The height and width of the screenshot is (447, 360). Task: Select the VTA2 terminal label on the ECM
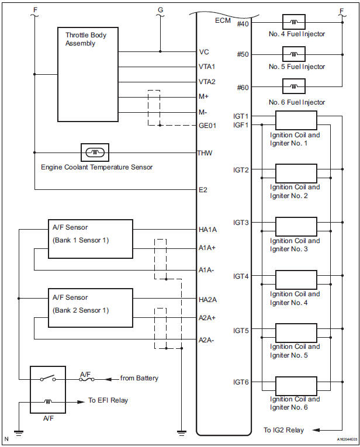pyautogui.click(x=207, y=82)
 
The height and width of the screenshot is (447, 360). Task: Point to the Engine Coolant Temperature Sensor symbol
pyautogui.click(x=96, y=153)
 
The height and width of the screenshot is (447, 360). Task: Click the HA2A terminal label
pyautogui.click(x=209, y=300)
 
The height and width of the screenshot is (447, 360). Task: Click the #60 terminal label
pyautogui.click(x=243, y=87)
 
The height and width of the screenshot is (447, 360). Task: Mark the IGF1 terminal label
pyautogui.click(x=241, y=124)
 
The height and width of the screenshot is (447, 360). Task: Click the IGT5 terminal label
pyautogui.click(x=241, y=331)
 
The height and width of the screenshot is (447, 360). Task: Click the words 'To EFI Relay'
pyautogui.click(x=108, y=401)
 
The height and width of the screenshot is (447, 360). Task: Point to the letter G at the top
pyautogui.click(x=161, y=10)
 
